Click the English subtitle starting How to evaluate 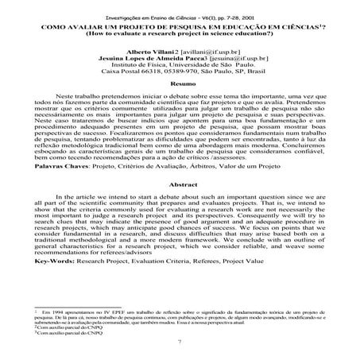coord(177,33)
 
